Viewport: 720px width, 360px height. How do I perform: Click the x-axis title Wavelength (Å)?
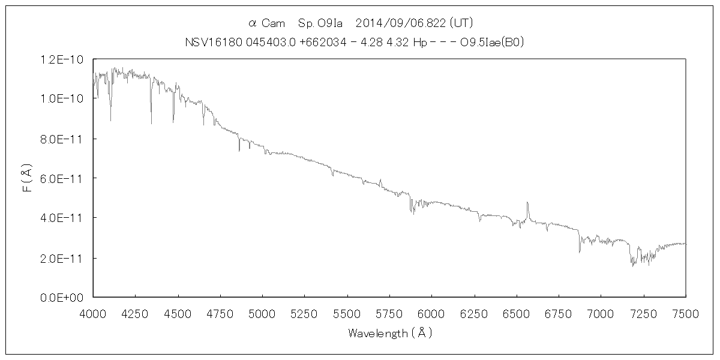click(x=389, y=332)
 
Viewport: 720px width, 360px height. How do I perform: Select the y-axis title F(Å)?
click(x=26, y=178)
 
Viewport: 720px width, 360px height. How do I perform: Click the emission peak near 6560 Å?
click(x=527, y=203)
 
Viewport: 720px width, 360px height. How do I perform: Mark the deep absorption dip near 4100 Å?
click(x=110, y=120)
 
